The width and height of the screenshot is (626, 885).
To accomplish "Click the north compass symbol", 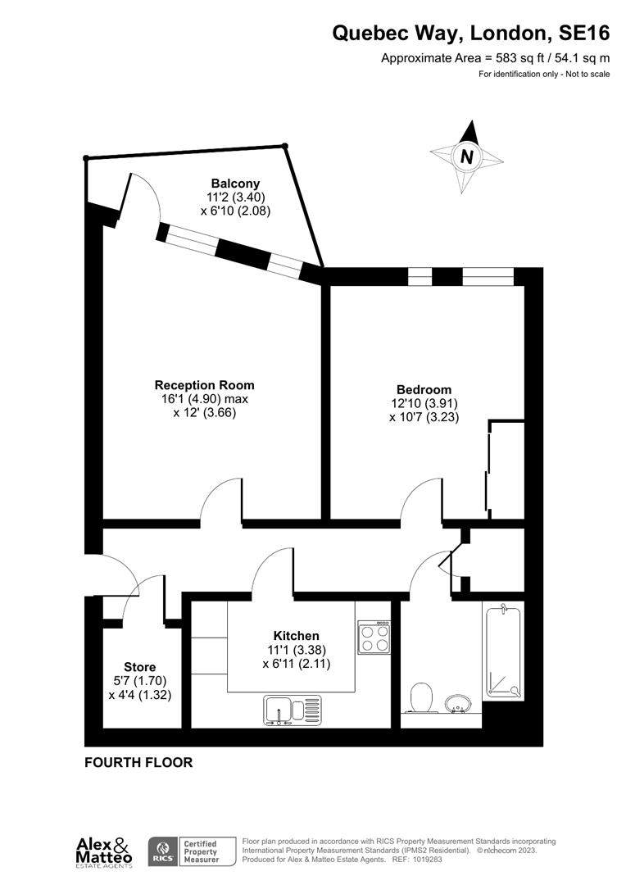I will coord(466,157).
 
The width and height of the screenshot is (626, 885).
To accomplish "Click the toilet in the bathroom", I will coord(421,698).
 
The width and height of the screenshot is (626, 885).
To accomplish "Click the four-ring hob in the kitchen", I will coord(374,637).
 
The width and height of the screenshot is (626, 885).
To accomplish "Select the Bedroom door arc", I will coord(420,499).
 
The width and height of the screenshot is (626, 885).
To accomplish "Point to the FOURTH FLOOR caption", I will coord(138,763).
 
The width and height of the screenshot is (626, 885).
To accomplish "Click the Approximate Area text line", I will coord(496,58).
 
